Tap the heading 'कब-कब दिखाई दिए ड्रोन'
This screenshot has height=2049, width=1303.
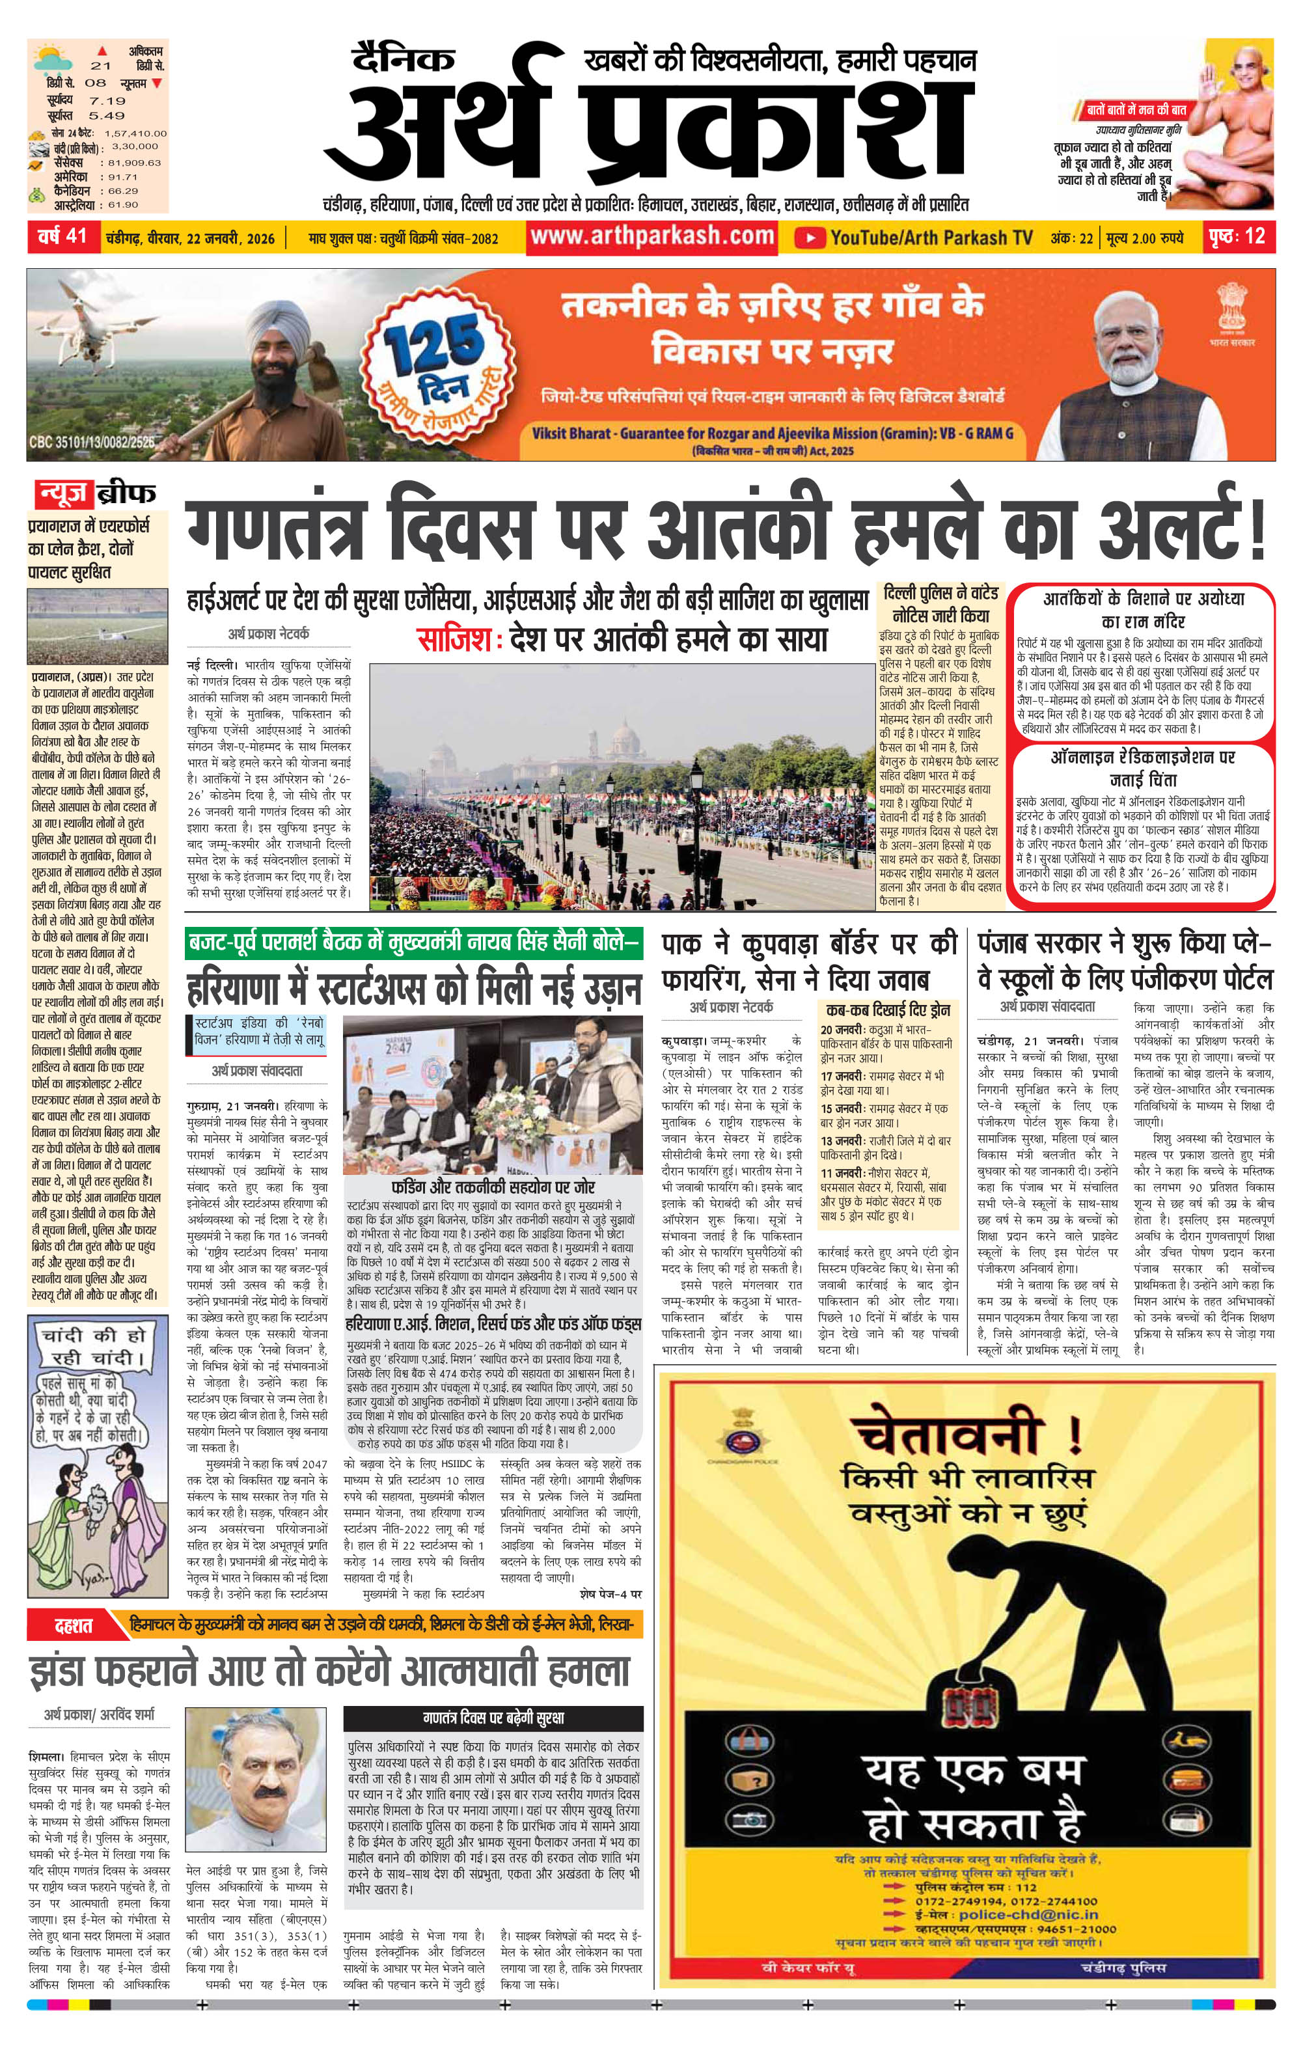[x=885, y=1010]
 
